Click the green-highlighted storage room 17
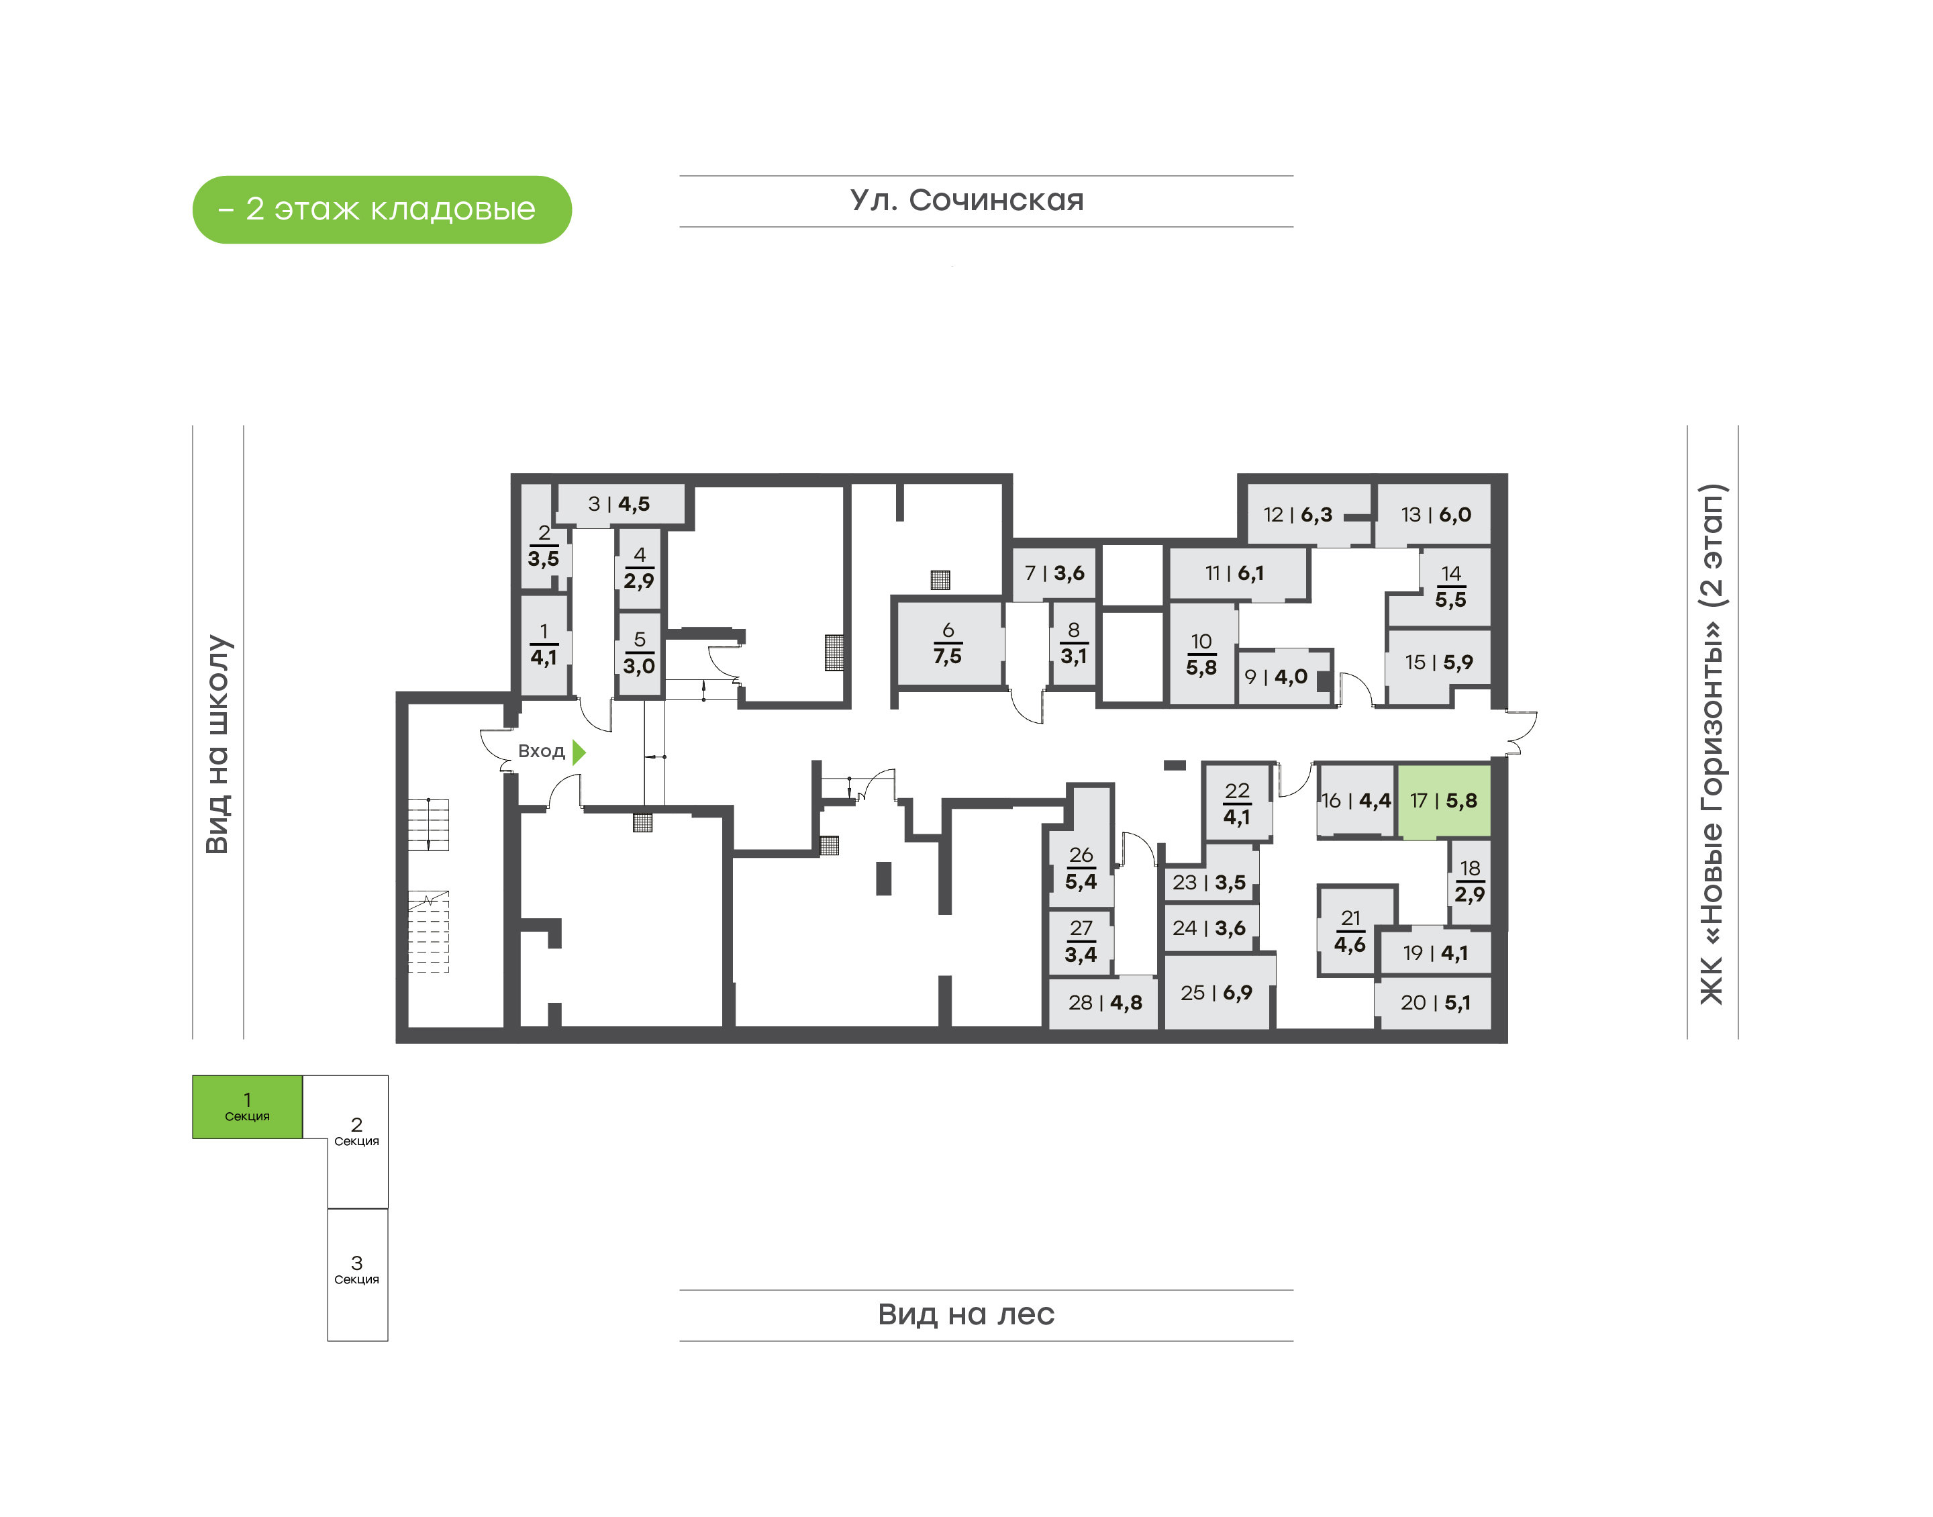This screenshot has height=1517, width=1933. (x=1444, y=801)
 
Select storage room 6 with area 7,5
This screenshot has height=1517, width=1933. (x=949, y=644)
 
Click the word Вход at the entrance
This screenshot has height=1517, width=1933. (x=541, y=751)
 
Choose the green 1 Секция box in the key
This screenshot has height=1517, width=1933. (x=248, y=1107)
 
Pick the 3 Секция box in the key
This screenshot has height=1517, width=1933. (x=357, y=1275)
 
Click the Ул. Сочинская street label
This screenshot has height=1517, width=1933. (x=967, y=201)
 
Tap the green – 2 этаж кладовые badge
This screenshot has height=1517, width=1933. (x=382, y=209)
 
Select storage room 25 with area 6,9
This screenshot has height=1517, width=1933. (x=1216, y=992)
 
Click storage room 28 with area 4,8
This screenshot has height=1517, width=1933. (x=1103, y=1003)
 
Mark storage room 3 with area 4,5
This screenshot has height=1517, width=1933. (x=619, y=505)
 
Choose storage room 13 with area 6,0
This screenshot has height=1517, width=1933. (x=1434, y=514)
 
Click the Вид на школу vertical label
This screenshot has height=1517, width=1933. (x=217, y=744)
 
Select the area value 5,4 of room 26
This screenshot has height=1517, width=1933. (x=1081, y=882)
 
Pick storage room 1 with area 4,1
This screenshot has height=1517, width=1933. (x=544, y=646)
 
